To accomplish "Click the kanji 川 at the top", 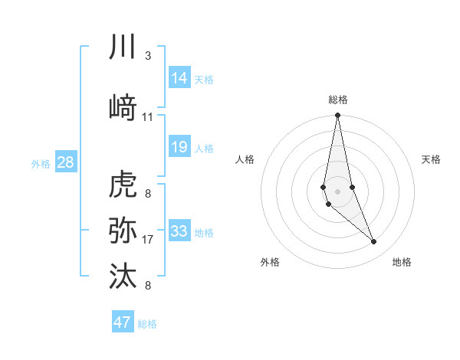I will pos(123,47).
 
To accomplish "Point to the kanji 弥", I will pos(123,230).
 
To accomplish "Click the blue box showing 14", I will pos(179,78).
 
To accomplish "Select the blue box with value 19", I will pos(179,146).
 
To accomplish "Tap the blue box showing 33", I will pos(179,231).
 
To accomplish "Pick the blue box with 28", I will pos(65,162).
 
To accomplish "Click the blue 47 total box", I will pos(123,322).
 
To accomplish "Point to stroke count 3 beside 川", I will pos(147,57).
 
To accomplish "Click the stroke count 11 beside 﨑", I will pos(148,117).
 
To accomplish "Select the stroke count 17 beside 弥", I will pos(148,240).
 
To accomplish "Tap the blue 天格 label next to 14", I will pos(204,80).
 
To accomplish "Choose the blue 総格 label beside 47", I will pos(147,324).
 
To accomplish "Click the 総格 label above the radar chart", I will pos(337,100).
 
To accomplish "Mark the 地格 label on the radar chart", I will pos(402,262).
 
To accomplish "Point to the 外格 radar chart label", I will pos(270,262).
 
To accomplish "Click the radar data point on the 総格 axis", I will pos(337,116).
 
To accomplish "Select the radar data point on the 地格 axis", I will pos(374,242).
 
